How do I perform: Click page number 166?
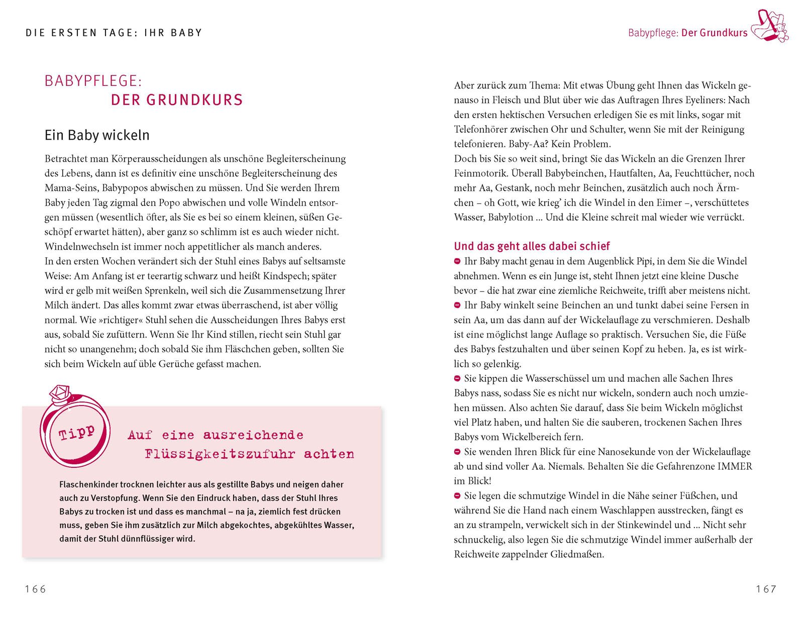pos(35,589)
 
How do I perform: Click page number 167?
pos(766,589)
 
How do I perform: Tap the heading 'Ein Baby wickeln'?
pos(97,135)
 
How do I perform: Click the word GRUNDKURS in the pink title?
pos(194,99)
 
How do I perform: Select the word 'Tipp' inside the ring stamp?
pos(76,433)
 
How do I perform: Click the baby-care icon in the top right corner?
pos(769,26)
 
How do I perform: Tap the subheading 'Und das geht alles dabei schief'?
pos(532,246)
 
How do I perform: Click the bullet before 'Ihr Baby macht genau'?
pos(457,261)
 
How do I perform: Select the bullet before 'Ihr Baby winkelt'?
pos(457,305)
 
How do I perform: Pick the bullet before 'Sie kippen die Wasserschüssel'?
pos(457,378)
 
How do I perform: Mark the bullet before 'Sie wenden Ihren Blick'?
pos(457,452)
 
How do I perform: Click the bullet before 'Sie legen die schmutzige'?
pos(457,496)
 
